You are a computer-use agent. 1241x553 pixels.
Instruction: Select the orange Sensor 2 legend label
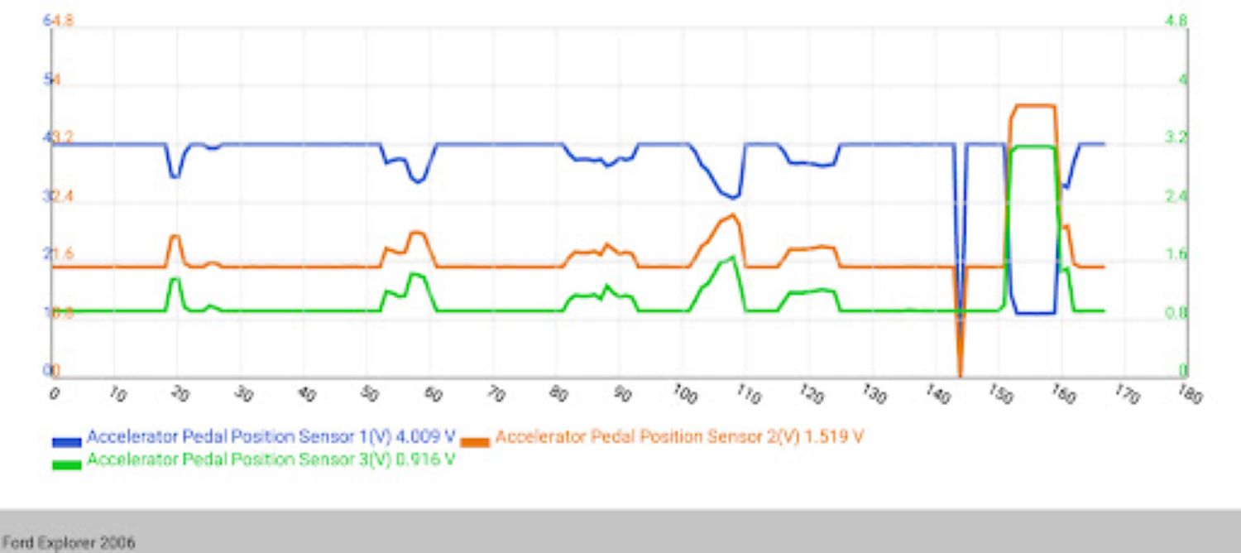tap(678, 436)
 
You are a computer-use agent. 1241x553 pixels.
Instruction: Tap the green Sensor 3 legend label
tap(271, 459)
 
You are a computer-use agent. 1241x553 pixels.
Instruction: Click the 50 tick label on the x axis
tap(370, 393)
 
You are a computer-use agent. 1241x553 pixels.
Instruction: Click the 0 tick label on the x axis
tap(55, 392)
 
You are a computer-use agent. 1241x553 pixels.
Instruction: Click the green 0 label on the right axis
tap(1182, 370)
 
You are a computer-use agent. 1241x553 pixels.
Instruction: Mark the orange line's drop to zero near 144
tap(960, 374)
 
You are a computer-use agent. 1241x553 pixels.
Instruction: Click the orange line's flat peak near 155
tap(1033, 105)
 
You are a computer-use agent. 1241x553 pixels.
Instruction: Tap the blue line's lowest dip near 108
tap(732, 197)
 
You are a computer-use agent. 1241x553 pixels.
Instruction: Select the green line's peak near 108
tap(732, 257)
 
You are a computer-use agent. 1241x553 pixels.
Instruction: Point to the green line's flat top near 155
tap(1033, 147)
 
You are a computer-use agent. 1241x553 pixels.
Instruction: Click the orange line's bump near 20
tap(175, 237)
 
